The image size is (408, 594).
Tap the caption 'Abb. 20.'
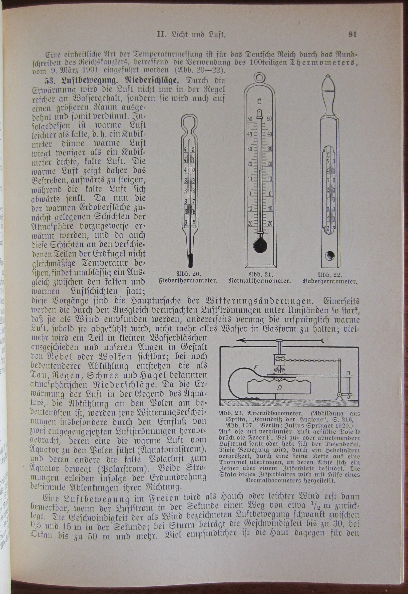coord(188,274)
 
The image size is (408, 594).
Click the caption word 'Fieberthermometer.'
coord(188,281)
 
